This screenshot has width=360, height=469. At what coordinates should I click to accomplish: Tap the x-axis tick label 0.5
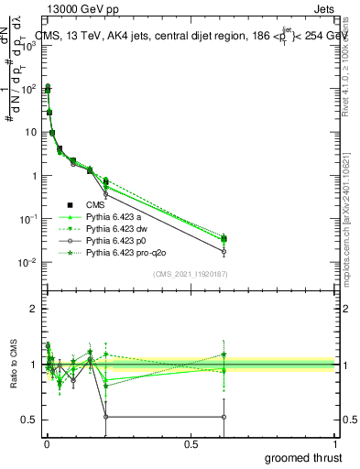(191, 443)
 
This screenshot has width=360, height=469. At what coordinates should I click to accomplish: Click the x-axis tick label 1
(336, 443)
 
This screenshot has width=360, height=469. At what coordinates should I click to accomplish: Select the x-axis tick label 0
(46, 443)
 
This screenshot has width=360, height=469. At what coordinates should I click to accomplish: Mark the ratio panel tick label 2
(33, 309)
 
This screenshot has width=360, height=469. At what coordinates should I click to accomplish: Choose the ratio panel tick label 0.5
(28, 420)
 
